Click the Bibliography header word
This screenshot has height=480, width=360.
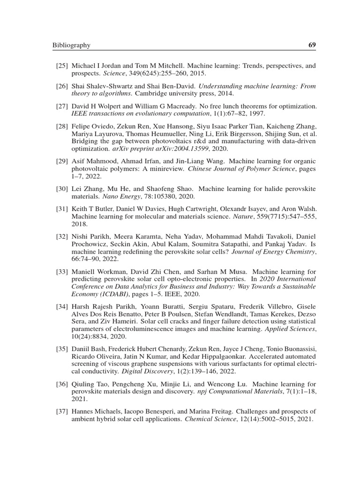click(71, 45)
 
